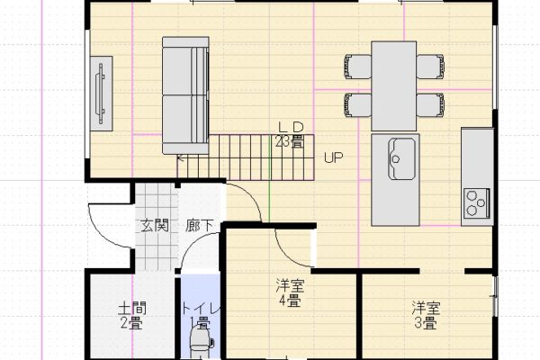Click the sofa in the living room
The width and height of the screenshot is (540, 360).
[184, 94]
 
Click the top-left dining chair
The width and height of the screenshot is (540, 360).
[358, 67]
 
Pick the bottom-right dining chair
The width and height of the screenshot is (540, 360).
[428, 103]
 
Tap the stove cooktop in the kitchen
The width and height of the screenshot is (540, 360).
[475, 206]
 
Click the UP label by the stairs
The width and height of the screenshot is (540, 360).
[333, 158]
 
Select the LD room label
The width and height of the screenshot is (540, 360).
[289, 128]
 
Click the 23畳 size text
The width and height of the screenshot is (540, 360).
[289, 141]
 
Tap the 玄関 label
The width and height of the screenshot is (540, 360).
[154, 226]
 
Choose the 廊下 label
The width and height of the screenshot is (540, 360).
[200, 226]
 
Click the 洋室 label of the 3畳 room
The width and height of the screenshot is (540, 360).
[426, 306]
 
